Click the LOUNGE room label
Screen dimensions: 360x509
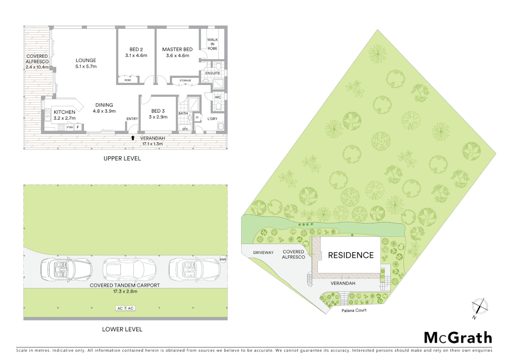(x=86, y=60)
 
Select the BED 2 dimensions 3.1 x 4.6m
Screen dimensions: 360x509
(x=136, y=56)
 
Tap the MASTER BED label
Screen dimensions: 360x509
(x=177, y=49)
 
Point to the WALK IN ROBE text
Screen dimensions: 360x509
(x=212, y=44)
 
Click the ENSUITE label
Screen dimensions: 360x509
(x=213, y=73)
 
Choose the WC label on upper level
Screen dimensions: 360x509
(x=218, y=97)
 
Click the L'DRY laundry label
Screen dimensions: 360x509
(x=212, y=119)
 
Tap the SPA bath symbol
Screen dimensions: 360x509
(x=185, y=128)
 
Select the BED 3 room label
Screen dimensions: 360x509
(x=158, y=111)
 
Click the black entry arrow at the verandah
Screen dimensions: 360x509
(x=133, y=138)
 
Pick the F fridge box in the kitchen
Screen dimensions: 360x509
(x=78, y=127)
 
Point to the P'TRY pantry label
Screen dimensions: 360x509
(x=70, y=127)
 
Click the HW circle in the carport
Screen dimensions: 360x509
(x=223, y=259)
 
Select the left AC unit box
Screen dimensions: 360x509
(x=120, y=308)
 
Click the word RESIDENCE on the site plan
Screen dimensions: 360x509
(x=351, y=255)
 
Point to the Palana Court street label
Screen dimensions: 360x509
(x=354, y=310)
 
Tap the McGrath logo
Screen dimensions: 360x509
(x=458, y=338)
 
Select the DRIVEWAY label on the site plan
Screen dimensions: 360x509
(x=263, y=253)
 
